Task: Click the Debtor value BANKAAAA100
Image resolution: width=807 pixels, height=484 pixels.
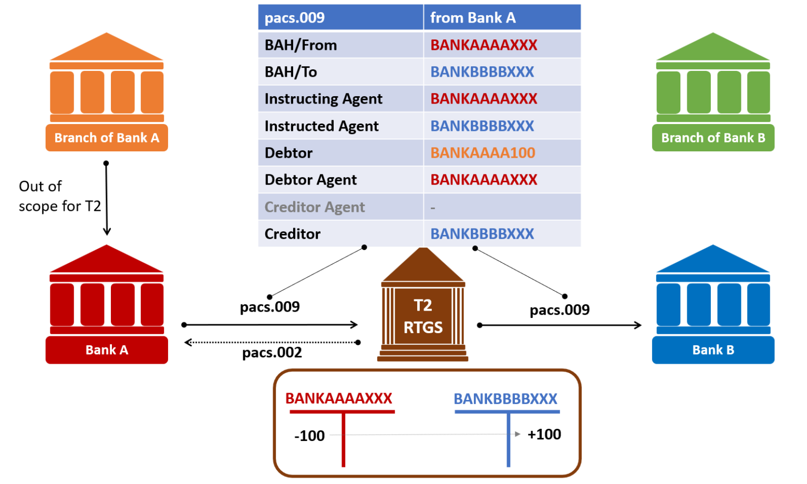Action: (x=482, y=153)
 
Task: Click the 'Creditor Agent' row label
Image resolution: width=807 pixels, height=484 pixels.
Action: (x=314, y=207)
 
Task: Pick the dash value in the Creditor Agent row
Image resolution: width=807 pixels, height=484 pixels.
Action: (x=433, y=208)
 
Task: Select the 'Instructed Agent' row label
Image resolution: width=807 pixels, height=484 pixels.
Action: (x=321, y=126)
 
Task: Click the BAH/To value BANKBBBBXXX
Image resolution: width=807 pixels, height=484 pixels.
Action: (x=482, y=72)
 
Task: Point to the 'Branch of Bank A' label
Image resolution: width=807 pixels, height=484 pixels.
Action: (x=107, y=138)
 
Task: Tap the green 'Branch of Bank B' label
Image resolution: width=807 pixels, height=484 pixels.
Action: (x=713, y=138)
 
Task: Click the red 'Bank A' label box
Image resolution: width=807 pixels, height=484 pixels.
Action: (x=107, y=350)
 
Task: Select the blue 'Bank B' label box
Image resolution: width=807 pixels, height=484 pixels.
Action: (x=713, y=350)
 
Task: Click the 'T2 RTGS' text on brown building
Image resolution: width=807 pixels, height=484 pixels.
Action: (x=423, y=316)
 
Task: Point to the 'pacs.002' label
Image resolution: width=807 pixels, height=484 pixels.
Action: (x=272, y=353)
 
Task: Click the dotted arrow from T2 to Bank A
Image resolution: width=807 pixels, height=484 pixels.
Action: (x=271, y=343)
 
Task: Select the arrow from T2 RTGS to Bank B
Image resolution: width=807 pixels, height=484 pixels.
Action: (x=560, y=325)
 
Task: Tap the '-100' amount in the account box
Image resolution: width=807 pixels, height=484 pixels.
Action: (x=309, y=436)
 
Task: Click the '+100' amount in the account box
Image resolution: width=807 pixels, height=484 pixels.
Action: (x=544, y=435)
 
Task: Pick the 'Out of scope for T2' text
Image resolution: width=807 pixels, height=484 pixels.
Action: (x=59, y=196)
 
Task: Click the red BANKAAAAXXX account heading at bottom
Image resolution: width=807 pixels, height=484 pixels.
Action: (x=339, y=398)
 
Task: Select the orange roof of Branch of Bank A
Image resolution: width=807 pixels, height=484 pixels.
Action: (x=107, y=49)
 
